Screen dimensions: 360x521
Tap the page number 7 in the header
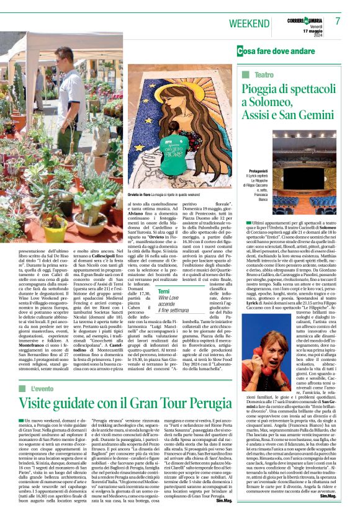pyautogui.click(x=338, y=21)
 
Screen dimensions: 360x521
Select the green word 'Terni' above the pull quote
pyautogui.click(x=164, y=292)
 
